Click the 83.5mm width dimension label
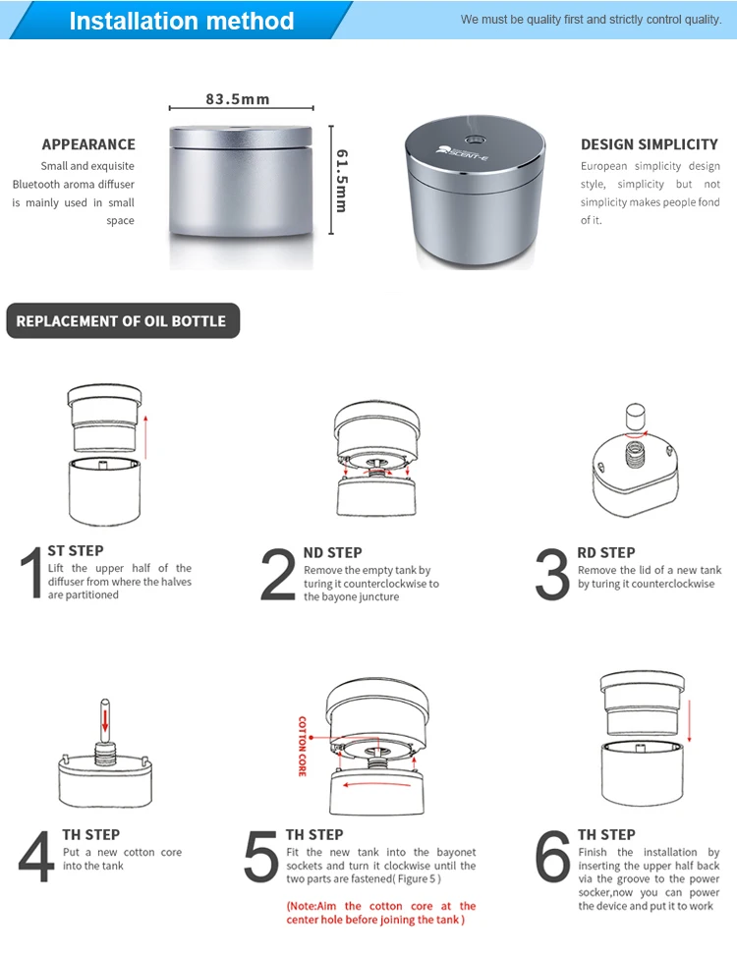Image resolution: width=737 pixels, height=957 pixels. pyautogui.click(x=238, y=99)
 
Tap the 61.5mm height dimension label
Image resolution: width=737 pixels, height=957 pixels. pyautogui.click(x=342, y=181)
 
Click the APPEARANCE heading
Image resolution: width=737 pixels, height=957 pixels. pyautogui.click(x=88, y=144)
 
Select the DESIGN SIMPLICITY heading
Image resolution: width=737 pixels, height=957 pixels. pyautogui.click(x=650, y=144)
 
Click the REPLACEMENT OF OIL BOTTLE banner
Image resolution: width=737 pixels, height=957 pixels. pyautogui.click(x=123, y=321)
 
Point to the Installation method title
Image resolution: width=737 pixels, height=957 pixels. pyautogui.click(x=182, y=21)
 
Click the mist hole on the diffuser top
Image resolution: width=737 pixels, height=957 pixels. pyautogui.click(x=474, y=140)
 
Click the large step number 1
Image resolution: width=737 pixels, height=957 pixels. pyautogui.click(x=31, y=573)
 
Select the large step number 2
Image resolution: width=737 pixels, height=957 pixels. pyautogui.click(x=278, y=575)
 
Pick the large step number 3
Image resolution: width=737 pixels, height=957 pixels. pyautogui.click(x=552, y=575)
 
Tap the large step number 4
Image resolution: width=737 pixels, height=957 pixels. pyautogui.click(x=36, y=856)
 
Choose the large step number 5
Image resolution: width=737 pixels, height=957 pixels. pyautogui.click(x=261, y=856)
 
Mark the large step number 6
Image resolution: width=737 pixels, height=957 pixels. pyautogui.click(x=552, y=856)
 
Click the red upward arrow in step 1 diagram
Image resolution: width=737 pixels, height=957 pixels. pyautogui.click(x=146, y=437)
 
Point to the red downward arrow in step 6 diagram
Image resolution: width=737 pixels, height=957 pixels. pyautogui.click(x=690, y=721)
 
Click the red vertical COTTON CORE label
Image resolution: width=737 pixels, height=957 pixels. pyautogui.click(x=303, y=746)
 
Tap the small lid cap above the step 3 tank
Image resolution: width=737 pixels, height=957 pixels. pyautogui.click(x=636, y=417)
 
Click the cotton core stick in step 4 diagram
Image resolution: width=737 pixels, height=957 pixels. pyautogui.click(x=105, y=721)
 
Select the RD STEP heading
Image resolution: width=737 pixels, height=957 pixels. pyautogui.click(x=605, y=552)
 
